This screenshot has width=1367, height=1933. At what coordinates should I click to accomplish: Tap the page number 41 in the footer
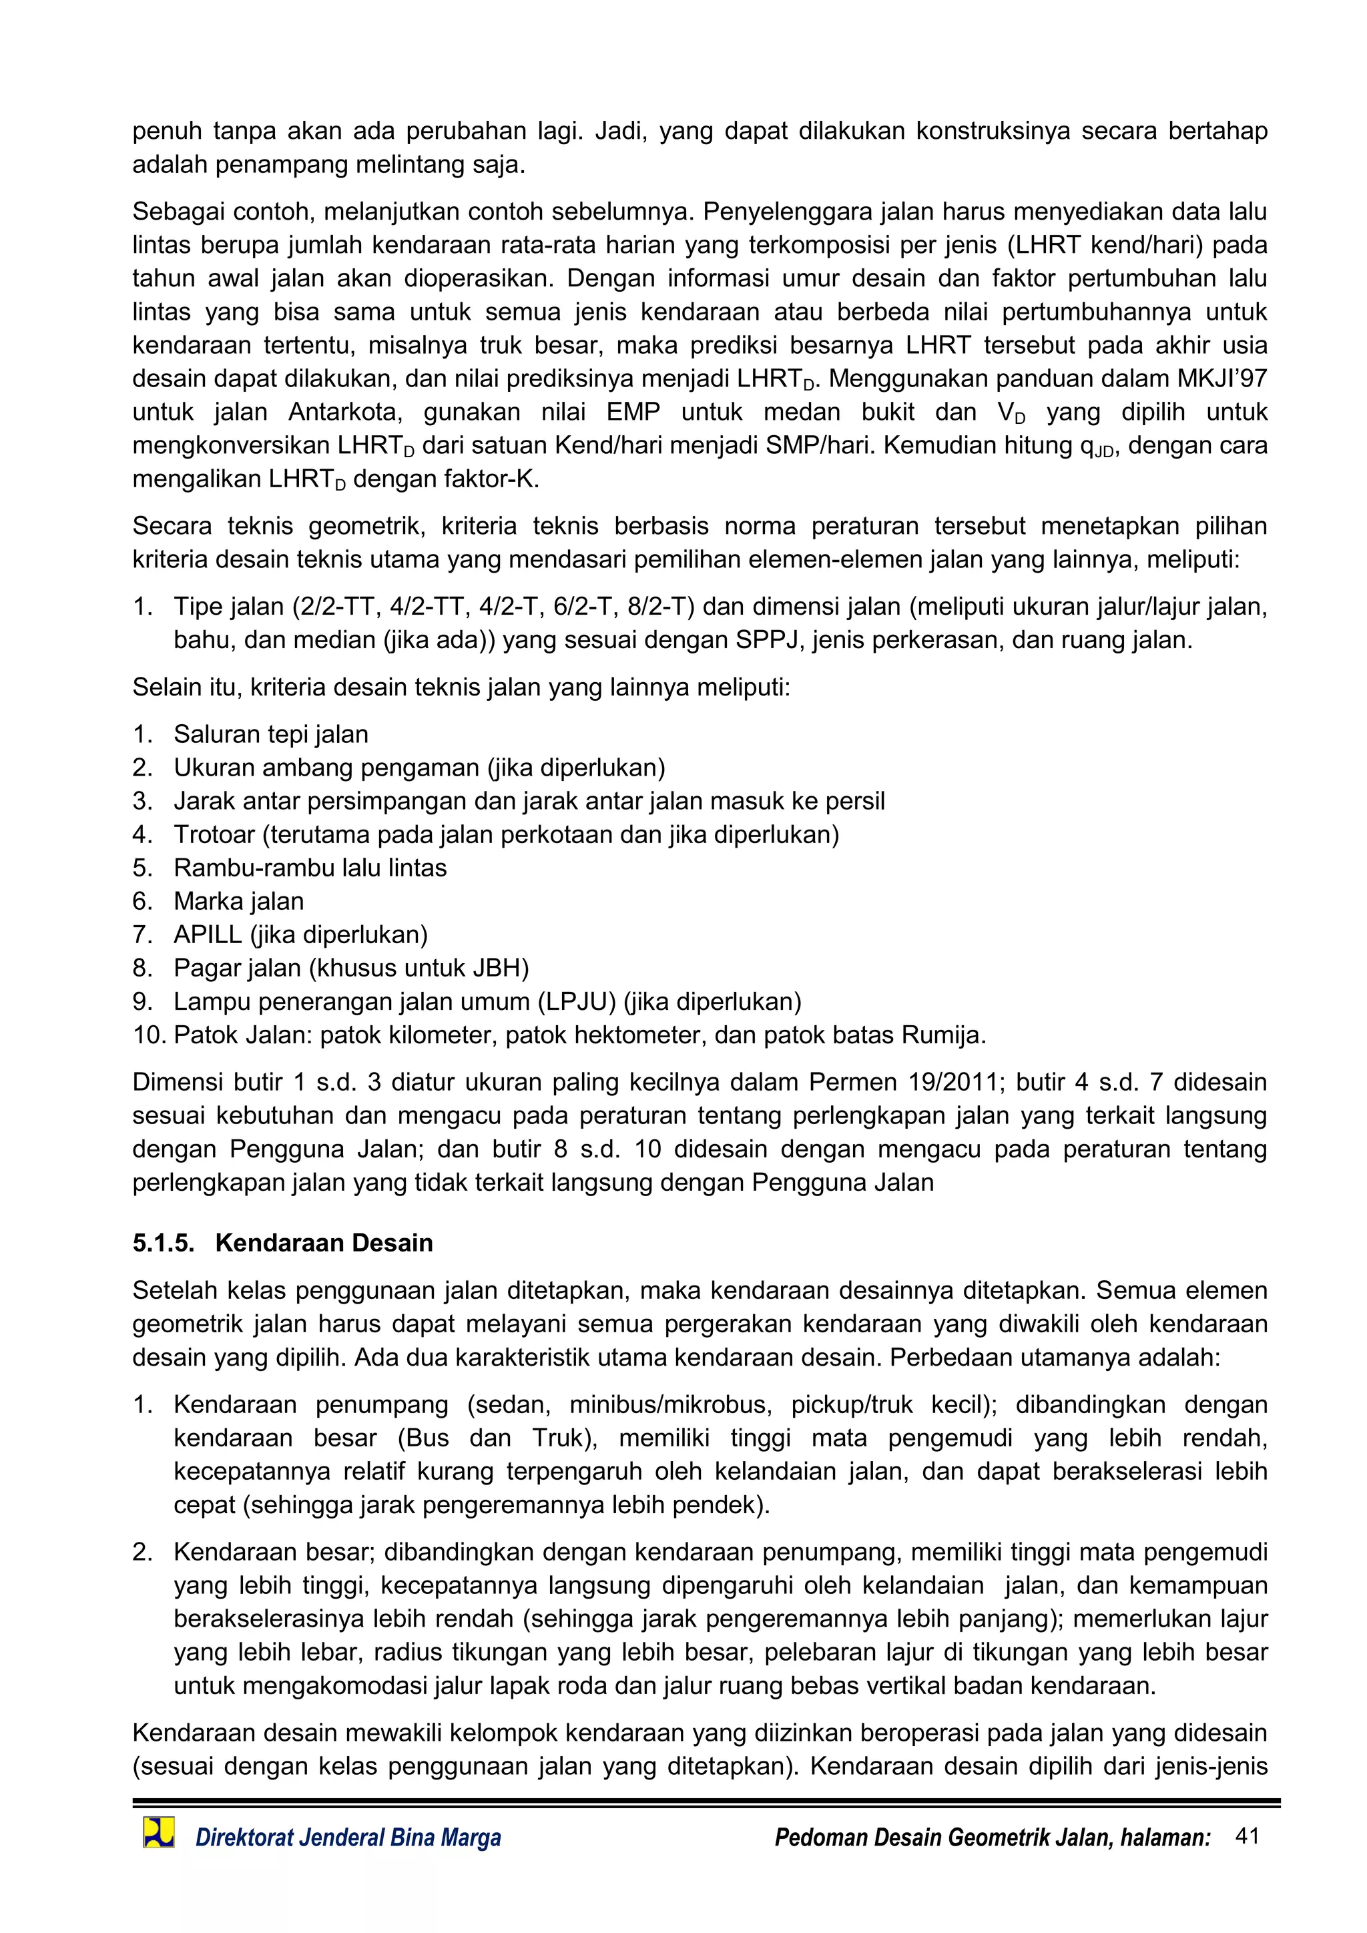pyautogui.click(x=1247, y=1836)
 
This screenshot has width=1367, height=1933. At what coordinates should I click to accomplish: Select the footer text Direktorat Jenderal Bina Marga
pyautogui.click(x=348, y=1837)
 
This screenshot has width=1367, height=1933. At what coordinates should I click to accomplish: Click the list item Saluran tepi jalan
pyautogui.click(x=270, y=734)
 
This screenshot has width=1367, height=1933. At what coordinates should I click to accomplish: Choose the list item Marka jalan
pyautogui.click(x=238, y=901)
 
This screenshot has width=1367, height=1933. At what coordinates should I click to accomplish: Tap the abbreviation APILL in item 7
pyautogui.click(x=207, y=934)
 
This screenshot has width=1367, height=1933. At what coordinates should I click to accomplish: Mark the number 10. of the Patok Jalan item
pyautogui.click(x=150, y=1035)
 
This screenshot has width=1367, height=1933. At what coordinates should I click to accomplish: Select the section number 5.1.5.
pyautogui.click(x=162, y=1243)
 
